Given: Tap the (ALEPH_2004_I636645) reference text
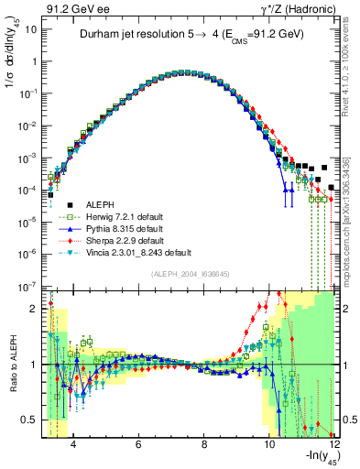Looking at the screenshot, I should coord(190,273).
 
